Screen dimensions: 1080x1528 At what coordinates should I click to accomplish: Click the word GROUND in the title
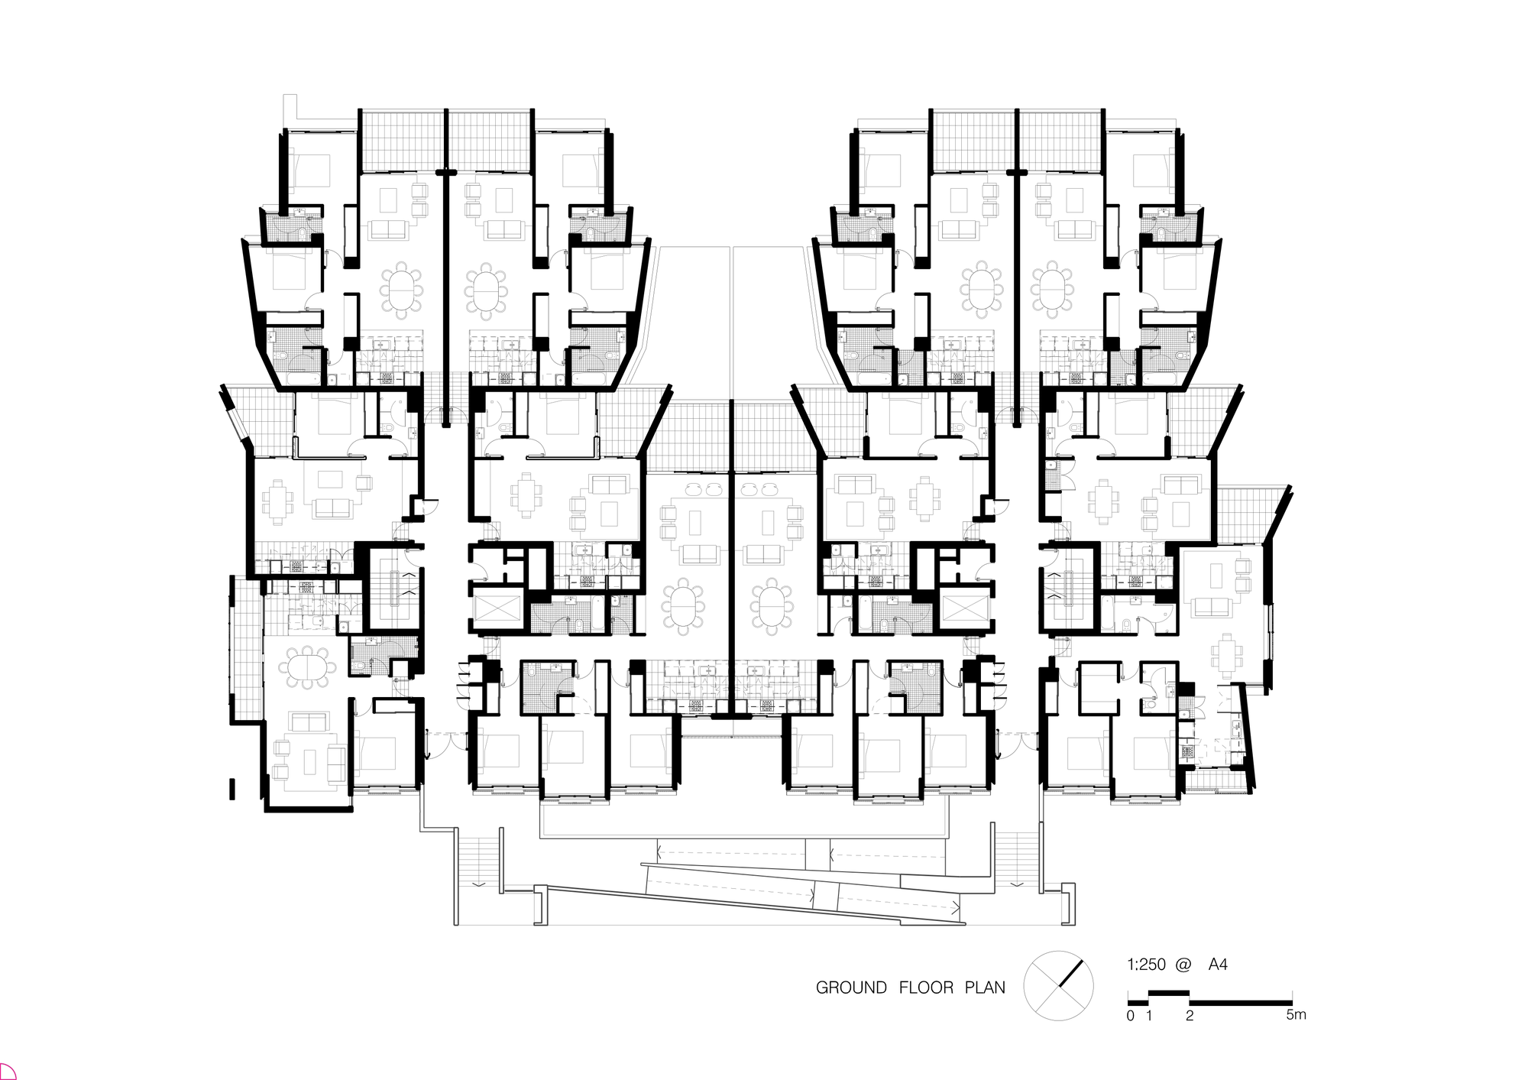(x=851, y=988)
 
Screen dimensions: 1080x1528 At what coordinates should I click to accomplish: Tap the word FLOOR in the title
(x=926, y=988)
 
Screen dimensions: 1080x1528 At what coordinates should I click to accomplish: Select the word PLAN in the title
(x=985, y=988)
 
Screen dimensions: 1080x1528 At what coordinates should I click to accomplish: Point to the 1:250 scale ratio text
(x=1146, y=965)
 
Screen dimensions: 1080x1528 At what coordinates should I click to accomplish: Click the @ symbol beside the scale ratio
(x=1183, y=965)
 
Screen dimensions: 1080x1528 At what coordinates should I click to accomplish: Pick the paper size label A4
(x=1218, y=965)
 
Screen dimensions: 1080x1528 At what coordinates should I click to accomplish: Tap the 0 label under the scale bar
(x=1131, y=1016)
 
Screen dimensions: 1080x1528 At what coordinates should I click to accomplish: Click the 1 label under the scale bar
(x=1149, y=1016)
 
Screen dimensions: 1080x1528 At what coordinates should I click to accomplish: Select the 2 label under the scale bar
(x=1190, y=1016)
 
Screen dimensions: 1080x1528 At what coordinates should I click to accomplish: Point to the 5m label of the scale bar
(x=1296, y=1015)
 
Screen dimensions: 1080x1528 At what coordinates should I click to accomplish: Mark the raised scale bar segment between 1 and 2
(x=1169, y=994)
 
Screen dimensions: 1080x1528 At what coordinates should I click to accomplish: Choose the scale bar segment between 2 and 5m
(x=1241, y=1002)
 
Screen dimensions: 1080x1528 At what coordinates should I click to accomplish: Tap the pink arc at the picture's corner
(x=6, y=1072)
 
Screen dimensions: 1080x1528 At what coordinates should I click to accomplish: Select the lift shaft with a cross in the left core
(x=497, y=609)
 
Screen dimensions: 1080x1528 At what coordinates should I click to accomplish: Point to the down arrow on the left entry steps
(x=477, y=884)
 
